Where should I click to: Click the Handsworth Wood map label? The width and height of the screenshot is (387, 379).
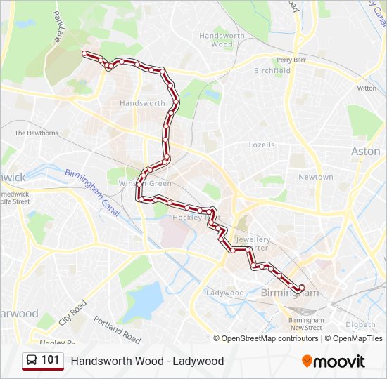coord(222,39)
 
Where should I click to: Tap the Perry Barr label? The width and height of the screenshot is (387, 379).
coord(291,60)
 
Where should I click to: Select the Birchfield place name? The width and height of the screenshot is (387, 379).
coord(272,71)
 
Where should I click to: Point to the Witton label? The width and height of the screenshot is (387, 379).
coord(366,88)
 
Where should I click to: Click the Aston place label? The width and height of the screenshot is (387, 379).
coord(365,151)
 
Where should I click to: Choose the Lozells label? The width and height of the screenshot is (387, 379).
coord(262,145)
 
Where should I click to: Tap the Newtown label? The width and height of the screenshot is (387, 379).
coord(315,177)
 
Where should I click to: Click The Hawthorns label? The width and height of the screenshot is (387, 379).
coord(37,133)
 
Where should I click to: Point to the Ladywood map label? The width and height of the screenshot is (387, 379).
coord(224,293)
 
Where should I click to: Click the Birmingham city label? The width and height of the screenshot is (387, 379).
coord(290,293)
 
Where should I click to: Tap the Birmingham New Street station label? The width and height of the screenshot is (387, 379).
coord(305,324)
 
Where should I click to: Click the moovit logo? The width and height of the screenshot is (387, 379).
coord(333,361)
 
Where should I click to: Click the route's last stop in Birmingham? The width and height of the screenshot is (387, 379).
coord(301,288)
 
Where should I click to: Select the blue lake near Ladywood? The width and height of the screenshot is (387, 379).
coord(145,301)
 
